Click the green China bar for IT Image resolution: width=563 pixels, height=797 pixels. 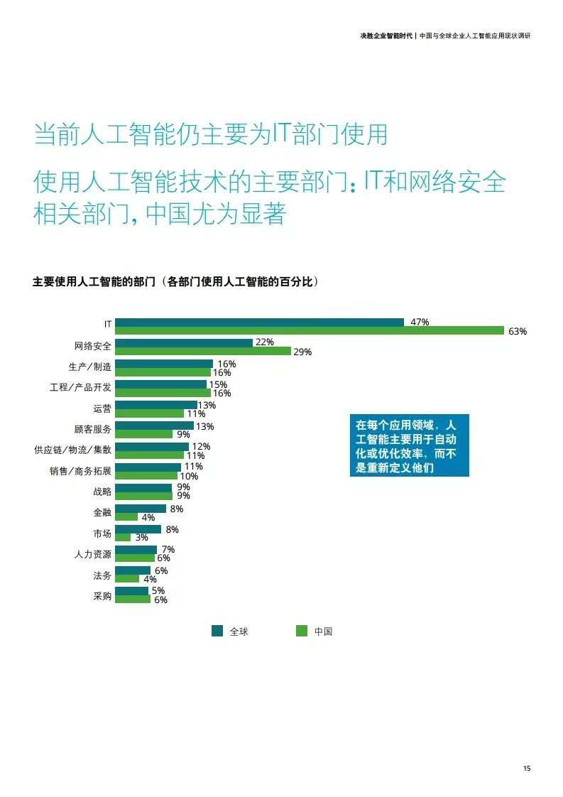310,330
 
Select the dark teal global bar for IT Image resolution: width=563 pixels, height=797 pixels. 259,322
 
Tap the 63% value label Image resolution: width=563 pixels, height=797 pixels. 518,332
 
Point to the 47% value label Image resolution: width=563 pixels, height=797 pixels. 420,322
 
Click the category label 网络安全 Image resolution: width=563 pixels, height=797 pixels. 93,347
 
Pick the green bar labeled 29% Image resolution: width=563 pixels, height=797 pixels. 202,351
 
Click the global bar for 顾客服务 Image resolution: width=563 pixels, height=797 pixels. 154,425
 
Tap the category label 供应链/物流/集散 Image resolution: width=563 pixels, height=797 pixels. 72,450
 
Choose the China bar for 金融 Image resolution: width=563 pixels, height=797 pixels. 126,517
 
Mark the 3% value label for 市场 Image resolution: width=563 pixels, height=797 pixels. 141,538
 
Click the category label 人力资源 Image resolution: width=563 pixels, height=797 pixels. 93,554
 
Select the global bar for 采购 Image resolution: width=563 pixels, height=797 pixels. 131,590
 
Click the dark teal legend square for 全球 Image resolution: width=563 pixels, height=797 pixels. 217,631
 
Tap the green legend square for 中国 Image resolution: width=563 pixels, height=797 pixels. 302,631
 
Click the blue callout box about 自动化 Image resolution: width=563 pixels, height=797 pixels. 409,445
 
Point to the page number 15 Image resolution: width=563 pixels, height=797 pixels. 526,768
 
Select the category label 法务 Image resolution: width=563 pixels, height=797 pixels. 102,575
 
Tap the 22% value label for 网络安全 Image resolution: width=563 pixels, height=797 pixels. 264,342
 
